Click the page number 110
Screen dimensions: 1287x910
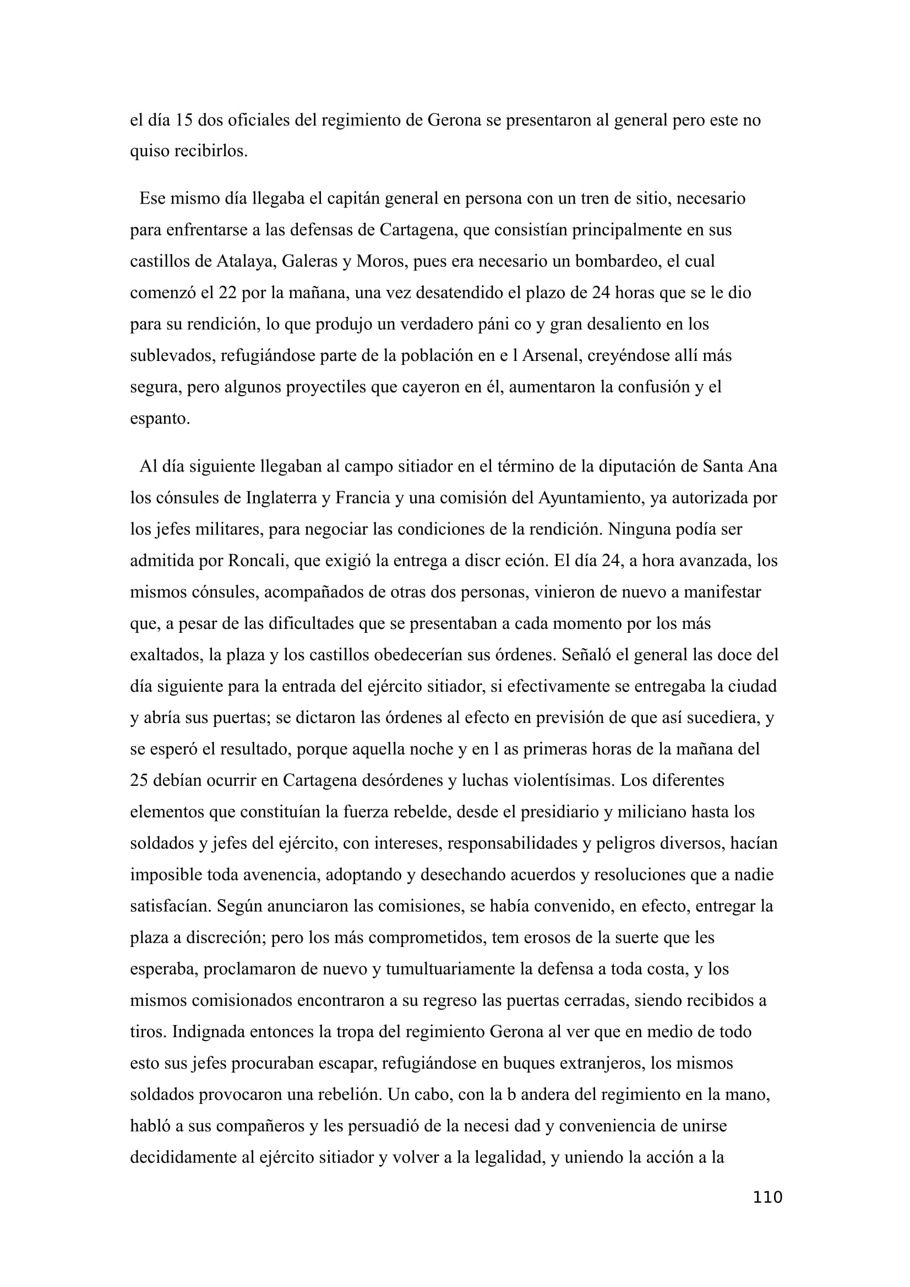click(767, 1197)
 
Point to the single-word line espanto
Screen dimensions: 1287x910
click(160, 418)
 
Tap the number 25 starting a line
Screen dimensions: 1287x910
click(139, 780)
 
